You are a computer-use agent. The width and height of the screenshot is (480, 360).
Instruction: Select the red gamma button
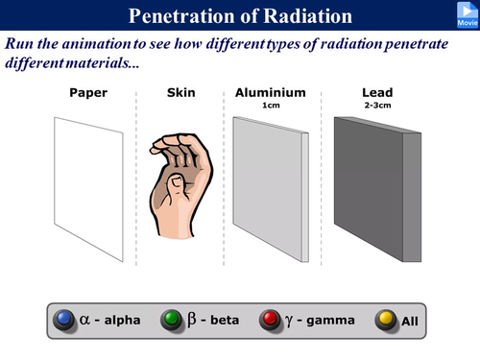click(272, 320)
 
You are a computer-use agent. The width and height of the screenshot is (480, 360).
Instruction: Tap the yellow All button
click(386, 320)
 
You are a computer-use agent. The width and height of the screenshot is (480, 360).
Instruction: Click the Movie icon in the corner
click(466, 13)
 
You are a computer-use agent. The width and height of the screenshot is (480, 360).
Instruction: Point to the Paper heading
click(88, 93)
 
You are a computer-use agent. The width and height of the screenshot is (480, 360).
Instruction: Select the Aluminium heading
click(270, 93)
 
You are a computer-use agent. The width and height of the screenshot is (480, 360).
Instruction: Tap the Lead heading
click(377, 93)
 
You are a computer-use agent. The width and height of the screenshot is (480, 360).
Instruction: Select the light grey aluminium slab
click(267, 182)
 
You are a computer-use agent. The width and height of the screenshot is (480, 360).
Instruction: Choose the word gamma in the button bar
click(328, 320)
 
